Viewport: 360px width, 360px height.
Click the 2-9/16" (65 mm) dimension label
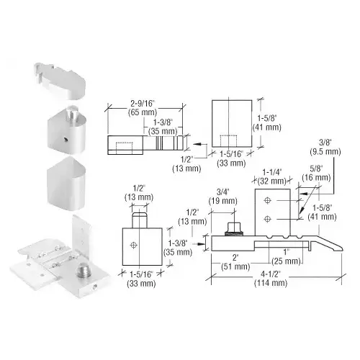coord(143,108)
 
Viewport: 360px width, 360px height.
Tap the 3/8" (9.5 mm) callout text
coord(325,147)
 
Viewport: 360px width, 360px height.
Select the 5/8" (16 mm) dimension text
coord(316,173)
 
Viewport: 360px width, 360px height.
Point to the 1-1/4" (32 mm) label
coord(272,176)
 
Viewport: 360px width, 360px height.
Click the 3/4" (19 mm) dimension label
coord(222,197)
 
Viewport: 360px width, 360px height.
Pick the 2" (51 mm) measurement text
coord(235,262)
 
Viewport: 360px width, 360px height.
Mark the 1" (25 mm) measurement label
coord(286,256)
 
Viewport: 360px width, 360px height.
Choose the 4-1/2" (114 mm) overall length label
coord(271,279)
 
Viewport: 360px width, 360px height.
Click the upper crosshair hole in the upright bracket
coord(267,200)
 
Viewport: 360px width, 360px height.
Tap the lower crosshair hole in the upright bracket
coord(267,219)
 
